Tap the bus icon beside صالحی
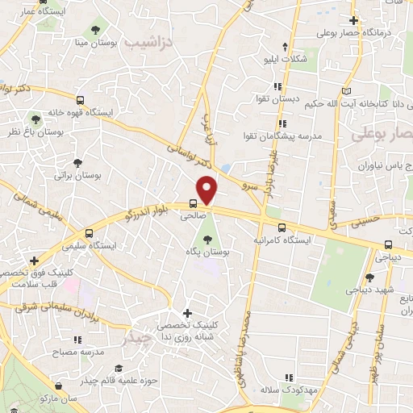click(194, 204)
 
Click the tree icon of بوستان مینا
click(96, 30)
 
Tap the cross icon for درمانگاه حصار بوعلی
click(353, 20)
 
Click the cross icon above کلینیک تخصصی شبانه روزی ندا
click(188, 313)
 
